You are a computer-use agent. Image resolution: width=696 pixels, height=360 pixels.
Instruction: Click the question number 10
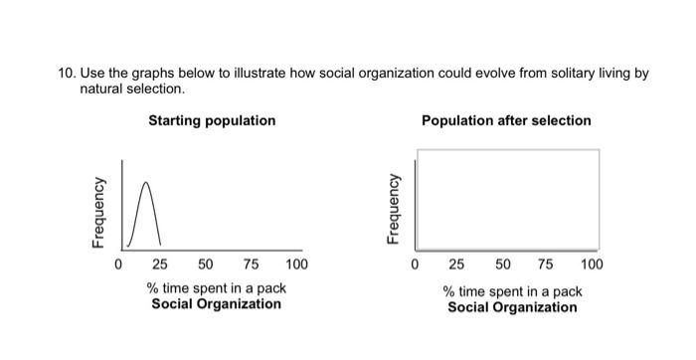coord(66,73)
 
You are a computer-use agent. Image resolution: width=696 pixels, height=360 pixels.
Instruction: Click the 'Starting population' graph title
coord(212,120)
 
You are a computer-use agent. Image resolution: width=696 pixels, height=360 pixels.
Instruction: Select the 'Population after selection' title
coord(506,120)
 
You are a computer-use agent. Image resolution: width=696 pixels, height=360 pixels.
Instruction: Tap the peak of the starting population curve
coord(146,183)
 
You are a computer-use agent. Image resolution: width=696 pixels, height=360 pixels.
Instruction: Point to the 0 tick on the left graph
coord(117,265)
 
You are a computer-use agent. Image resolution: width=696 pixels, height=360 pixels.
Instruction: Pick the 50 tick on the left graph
coord(205,265)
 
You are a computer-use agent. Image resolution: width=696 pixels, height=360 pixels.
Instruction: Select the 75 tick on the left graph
coord(251,265)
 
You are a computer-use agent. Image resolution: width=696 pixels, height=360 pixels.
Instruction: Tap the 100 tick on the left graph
coord(296,265)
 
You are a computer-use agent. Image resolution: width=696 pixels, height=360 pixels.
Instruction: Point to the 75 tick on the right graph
coord(547,265)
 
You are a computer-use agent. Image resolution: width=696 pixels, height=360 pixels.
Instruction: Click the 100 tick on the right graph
coord(592,265)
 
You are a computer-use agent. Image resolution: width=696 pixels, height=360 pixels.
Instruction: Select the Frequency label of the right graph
coord(395,212)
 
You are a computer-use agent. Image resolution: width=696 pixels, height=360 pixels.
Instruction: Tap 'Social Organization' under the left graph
coord(216,303)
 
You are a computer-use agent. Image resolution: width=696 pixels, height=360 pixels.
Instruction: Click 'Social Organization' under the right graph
coord(512,307)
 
